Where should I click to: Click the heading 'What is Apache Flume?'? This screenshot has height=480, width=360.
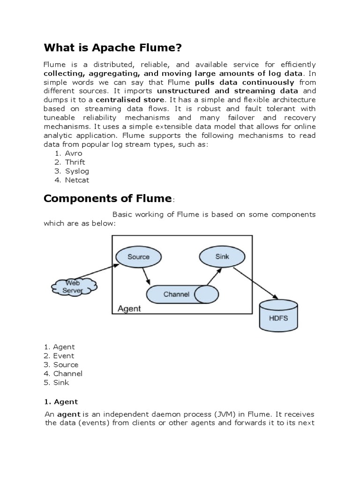tap(112, 48)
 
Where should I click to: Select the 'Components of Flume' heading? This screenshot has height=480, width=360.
tap(107, 198)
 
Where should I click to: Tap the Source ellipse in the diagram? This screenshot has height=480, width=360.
tap(138, 256)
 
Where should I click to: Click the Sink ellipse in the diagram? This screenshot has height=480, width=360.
tap(222, 256)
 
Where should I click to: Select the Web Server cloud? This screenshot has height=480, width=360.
tap(73, 286)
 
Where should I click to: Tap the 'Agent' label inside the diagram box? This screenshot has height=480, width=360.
tap(129, 309)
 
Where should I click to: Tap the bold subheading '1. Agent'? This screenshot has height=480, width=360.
tap(61, 402)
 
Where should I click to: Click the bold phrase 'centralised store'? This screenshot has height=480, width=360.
tap(130, 100)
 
